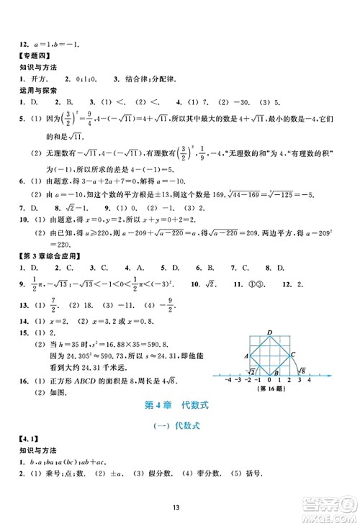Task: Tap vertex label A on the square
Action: pos(247,355)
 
